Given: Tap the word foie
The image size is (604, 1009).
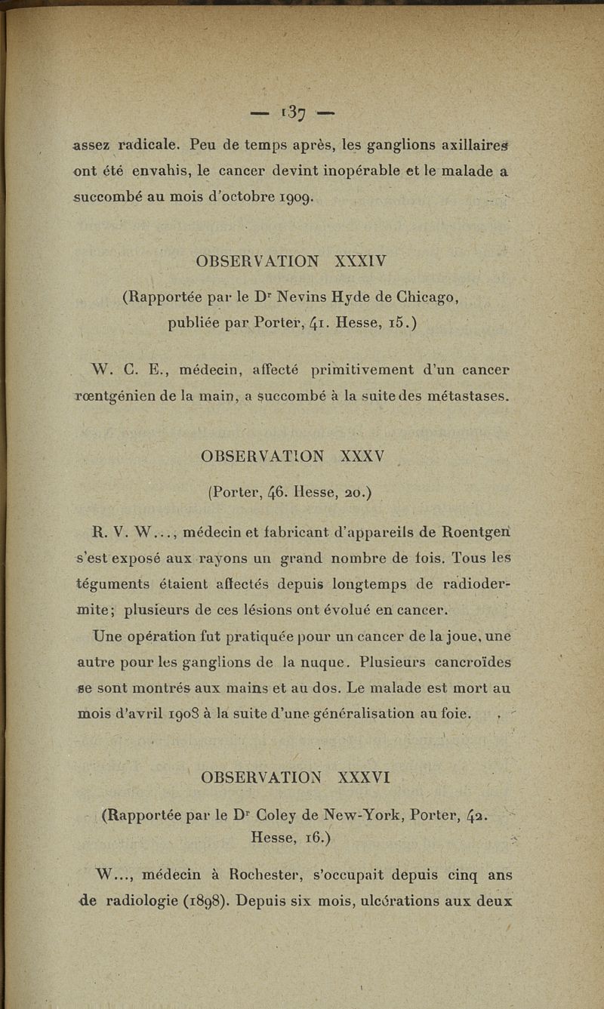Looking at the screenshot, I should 455,712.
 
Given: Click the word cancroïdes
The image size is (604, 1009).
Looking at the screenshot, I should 467,663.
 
